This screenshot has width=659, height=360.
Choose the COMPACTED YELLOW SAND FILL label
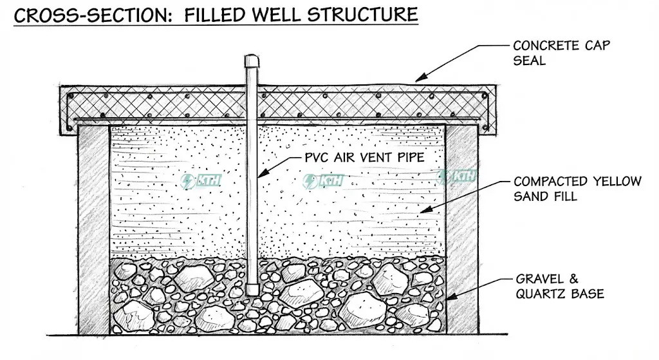[577, 189]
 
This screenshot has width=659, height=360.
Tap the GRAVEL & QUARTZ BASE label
[559, 287]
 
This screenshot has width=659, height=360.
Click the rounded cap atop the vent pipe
[252, 61]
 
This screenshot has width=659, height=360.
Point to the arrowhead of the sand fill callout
[422, 210]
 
